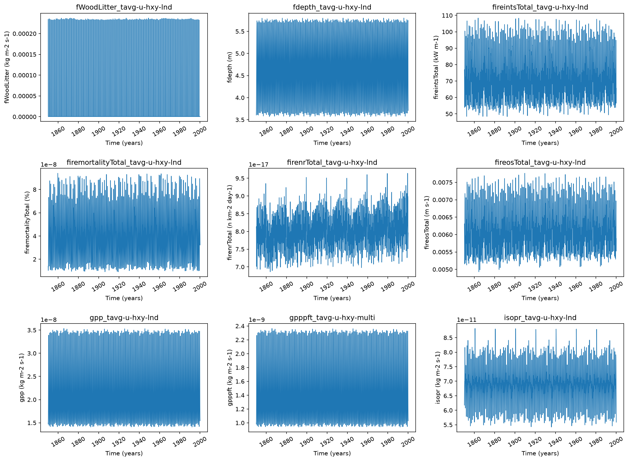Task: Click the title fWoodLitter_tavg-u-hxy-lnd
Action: (124, 7)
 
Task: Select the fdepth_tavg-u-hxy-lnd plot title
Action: (332, 7)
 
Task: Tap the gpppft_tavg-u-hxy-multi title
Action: (332, 318)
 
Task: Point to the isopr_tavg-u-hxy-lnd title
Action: (540, 318)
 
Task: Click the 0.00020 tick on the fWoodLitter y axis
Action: (25, 34)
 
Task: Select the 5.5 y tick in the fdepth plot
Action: (240, 32)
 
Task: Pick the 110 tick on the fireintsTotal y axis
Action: (447, 16)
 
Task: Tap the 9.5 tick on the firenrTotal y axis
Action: (240, 178)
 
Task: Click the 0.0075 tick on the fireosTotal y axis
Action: (442, 183)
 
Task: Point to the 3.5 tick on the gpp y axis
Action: (32, 330)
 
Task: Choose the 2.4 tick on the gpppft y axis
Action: (240, 326)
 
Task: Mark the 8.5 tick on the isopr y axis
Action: (448, 338)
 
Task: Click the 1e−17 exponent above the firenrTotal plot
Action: (258, 165)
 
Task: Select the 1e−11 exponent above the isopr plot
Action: (466, 320)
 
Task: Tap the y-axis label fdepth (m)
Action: (230, 67)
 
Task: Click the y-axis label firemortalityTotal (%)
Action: (27, 222)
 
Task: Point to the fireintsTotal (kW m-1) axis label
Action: (436, 67)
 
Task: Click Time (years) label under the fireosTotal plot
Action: (540, 298)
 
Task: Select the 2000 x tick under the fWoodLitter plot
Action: (200, 131)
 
